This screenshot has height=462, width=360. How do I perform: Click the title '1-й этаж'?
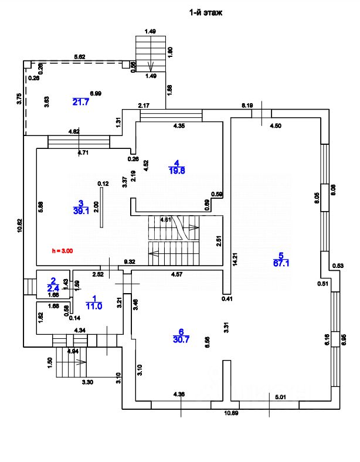coord(206,12)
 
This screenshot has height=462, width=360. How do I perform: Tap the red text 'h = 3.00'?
coord(62,250)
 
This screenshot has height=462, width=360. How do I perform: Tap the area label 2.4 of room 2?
coord(53,288)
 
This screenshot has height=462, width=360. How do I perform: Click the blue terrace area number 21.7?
coord(80,102)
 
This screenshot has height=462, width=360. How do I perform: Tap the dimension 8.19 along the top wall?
coord(247,106)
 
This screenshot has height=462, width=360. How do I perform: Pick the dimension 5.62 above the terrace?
coord(80,56)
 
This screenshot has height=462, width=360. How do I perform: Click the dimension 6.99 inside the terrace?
coord(96,94)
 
